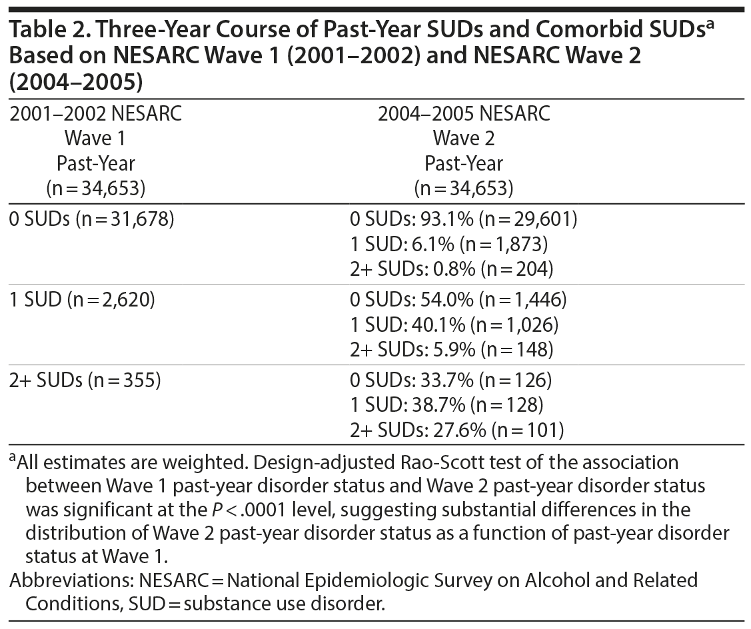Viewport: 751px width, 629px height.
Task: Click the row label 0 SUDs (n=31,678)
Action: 92,219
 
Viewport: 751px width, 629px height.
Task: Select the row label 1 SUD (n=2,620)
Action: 82,300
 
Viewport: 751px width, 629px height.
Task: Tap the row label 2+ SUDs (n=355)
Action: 85,380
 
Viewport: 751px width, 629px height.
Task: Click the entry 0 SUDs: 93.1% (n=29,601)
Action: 463,219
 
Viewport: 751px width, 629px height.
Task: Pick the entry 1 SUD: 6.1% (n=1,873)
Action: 448,245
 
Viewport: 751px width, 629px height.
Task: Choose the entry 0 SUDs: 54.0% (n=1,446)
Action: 458,300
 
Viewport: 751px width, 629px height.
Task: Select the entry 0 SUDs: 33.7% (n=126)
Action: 450,380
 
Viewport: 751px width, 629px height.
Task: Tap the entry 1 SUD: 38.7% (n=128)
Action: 446,406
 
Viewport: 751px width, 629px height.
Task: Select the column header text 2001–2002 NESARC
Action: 95,114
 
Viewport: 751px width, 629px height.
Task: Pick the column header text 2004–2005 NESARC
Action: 464,114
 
